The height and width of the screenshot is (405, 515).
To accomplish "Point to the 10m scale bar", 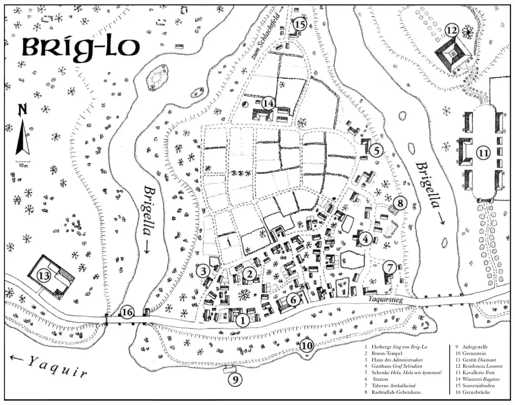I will (23, 161).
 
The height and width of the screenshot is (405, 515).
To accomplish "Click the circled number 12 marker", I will (452, 30).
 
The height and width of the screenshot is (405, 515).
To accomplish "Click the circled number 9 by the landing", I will (235, 379).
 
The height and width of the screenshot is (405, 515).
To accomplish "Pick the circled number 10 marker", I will (307, 346).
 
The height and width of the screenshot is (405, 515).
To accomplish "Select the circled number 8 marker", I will (400, 203).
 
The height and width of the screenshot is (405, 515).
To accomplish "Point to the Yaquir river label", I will (58, 366).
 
